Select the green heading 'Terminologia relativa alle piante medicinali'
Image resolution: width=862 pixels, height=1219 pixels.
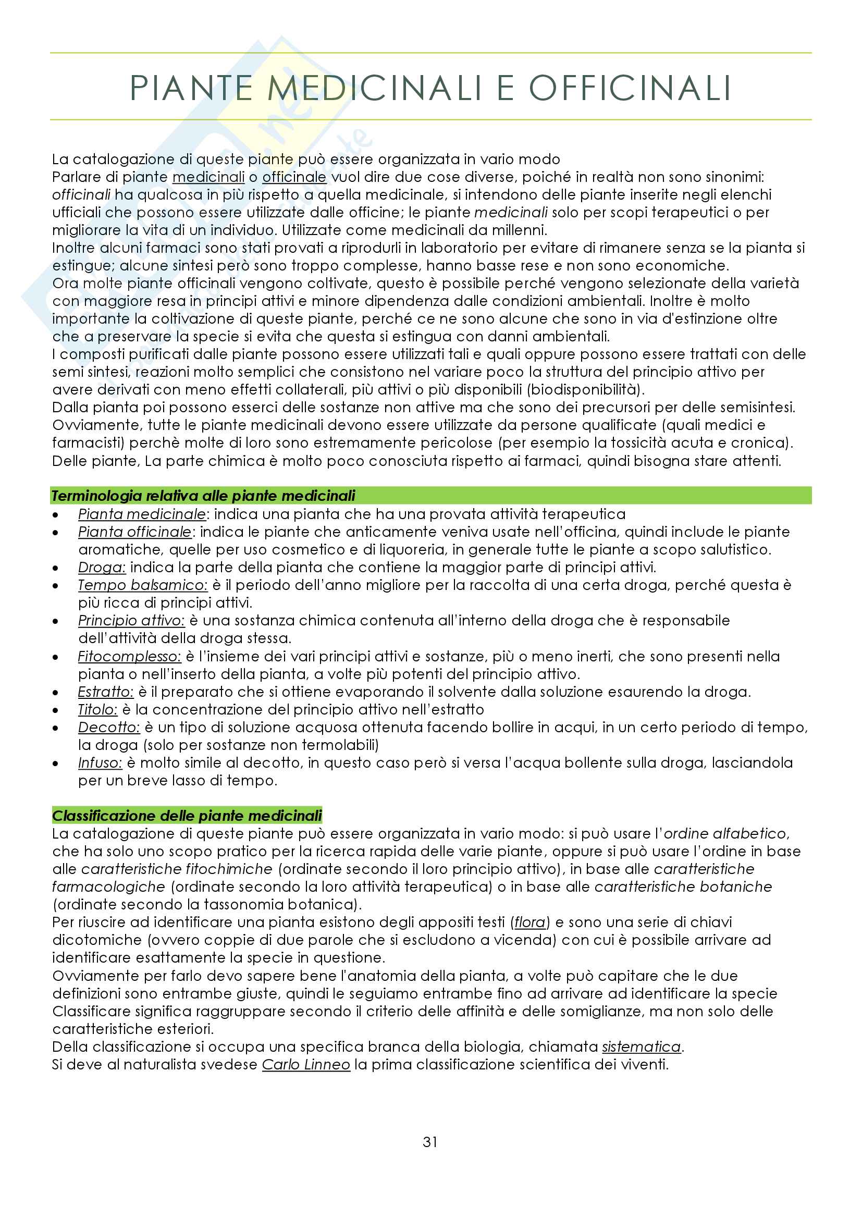tap(203, 496)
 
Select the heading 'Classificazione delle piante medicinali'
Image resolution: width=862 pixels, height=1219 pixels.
tap(187, 816)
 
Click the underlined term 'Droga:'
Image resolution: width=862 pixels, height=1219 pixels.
tap(102, 568)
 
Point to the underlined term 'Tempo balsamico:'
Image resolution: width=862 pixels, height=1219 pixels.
tap(143, 585)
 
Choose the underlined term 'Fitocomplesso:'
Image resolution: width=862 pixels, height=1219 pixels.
tap(130, 656)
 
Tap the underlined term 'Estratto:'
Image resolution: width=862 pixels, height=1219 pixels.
tap(106, 692)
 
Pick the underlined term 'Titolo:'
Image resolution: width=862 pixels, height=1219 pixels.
tap(97, 710)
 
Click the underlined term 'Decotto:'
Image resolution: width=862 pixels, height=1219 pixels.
tap(109, 728)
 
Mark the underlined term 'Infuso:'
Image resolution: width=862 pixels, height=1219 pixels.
tap(100, 763)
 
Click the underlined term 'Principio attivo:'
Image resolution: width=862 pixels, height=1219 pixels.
tap(131, 621)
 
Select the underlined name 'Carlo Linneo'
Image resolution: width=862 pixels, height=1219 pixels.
tap(306, 1065)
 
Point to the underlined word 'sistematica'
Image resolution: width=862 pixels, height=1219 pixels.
tap(641, 1046)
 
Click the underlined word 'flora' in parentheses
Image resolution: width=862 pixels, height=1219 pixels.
tap(529, 922)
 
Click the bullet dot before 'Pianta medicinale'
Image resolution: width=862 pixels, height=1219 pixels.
tap(56, 514)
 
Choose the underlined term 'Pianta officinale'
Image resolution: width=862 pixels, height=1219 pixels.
tap(135, 532)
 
